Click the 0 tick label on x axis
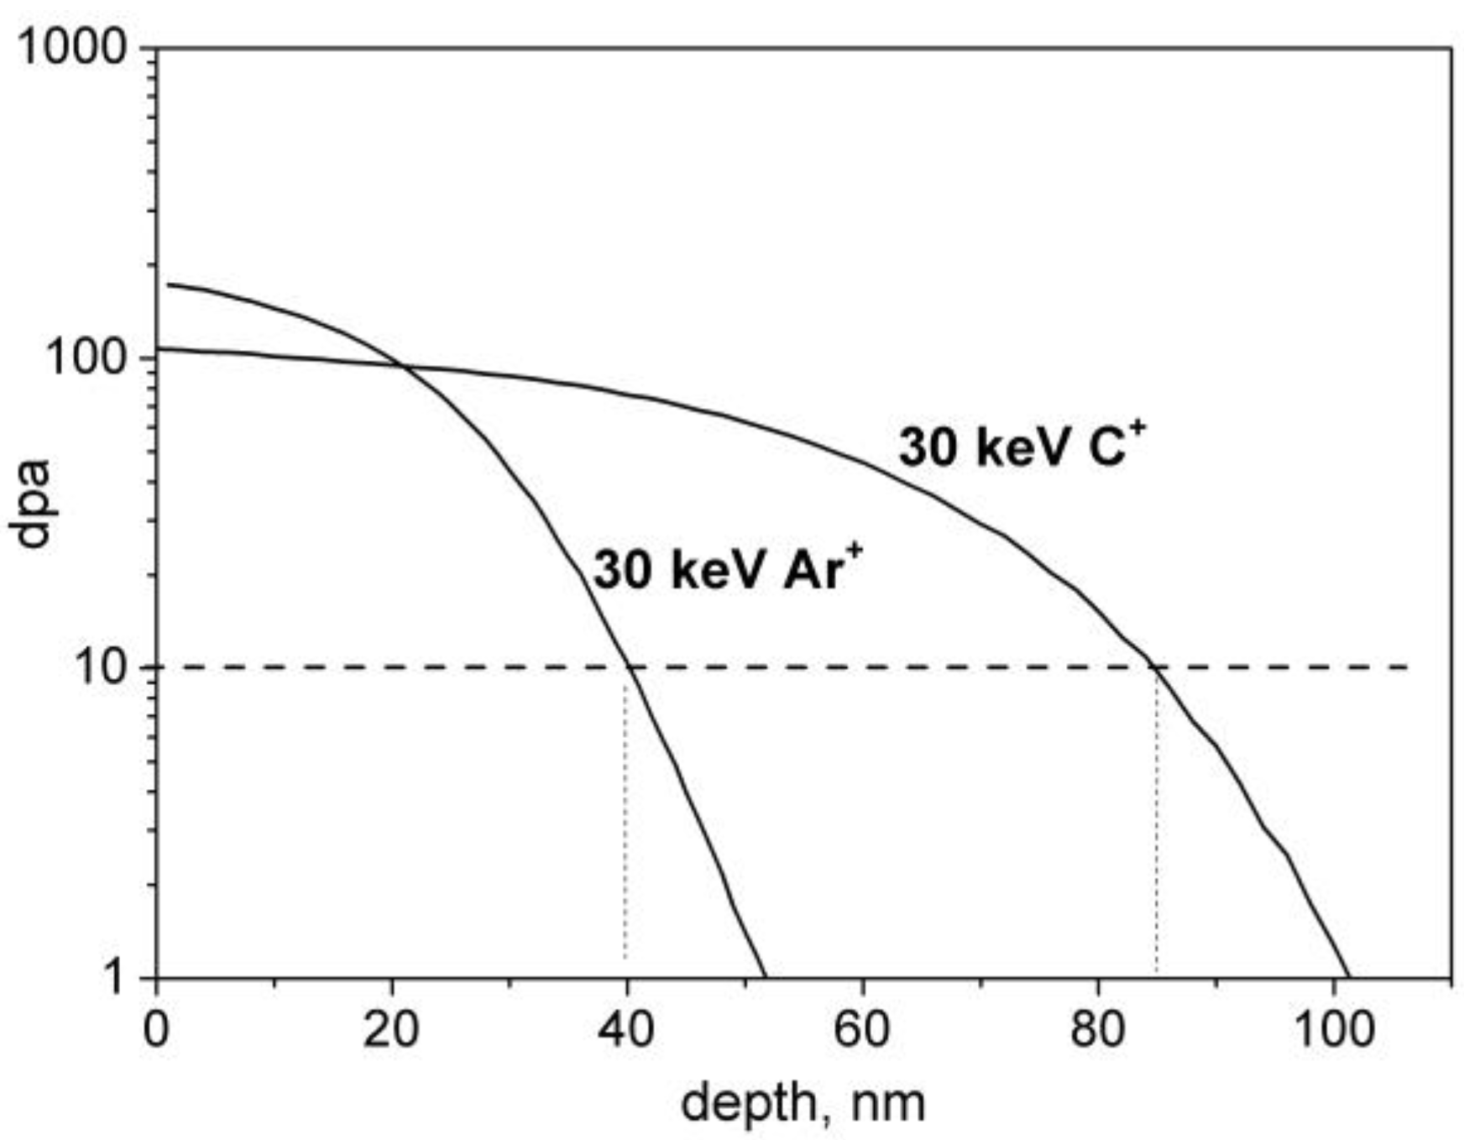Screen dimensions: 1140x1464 (156, 1028)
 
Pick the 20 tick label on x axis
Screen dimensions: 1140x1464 (391, 1028)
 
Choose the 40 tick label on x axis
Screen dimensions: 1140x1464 (626, 1028)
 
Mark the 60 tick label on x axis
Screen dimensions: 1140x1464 (862, 1028)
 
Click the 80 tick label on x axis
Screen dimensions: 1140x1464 (1097, 1028)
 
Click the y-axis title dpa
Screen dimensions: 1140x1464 (31, 504)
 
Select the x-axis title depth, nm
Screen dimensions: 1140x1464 (803, 1102)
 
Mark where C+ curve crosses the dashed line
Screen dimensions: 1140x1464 (1156, 667)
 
